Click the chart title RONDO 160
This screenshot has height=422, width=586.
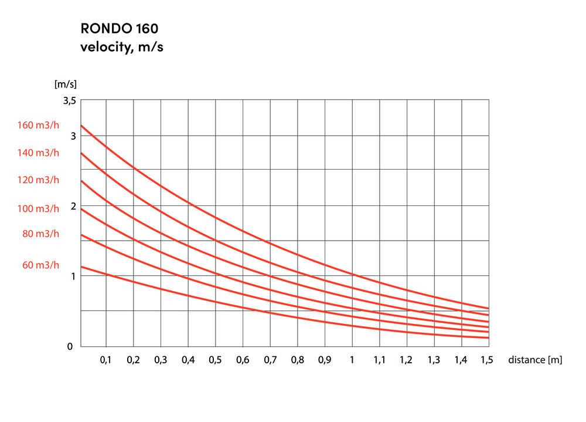(119, 28)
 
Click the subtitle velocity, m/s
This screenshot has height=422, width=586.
(121, 48)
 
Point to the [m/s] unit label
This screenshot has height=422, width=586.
(66, 84)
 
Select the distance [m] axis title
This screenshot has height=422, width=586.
(535, 360)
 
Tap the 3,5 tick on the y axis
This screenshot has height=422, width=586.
(70, 101)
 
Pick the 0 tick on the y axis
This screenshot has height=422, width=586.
(70, 346)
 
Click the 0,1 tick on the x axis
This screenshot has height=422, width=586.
(105, 360)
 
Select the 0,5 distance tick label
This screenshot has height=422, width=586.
(215, 360)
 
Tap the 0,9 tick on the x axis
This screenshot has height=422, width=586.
(325, 360)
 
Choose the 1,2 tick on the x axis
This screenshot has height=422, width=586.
(407, 360)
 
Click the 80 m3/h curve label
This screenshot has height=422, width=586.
(40, 234)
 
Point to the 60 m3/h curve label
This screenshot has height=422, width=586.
(40, 265)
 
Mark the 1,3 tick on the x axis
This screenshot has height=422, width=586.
(434, 360)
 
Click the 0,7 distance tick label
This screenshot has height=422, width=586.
(270, 360)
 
